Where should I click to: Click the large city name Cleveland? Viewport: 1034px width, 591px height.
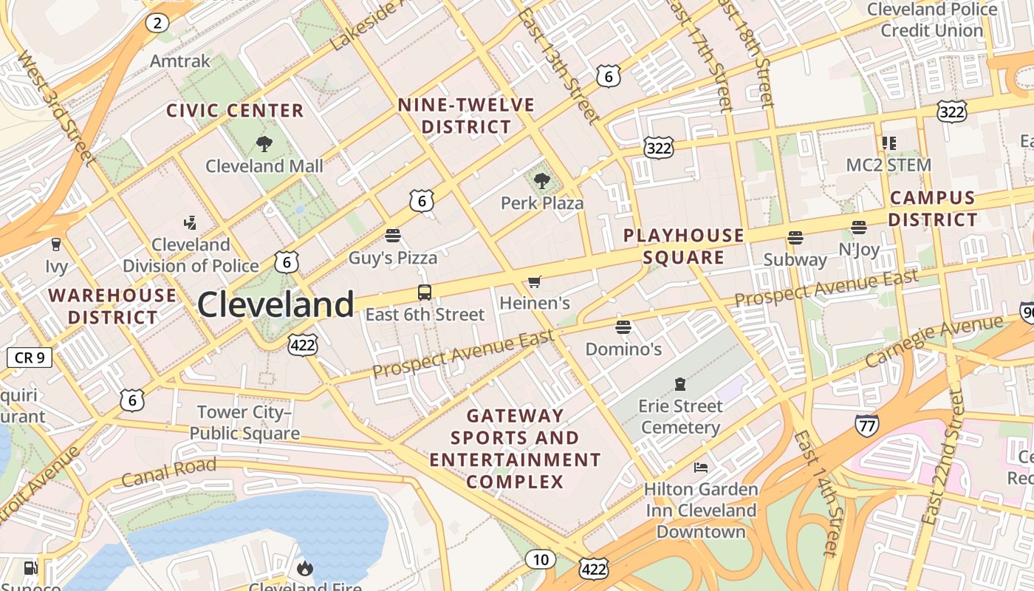tap(275, 304)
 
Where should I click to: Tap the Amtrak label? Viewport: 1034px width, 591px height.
tap(180, 61)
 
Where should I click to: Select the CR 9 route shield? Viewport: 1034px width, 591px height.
tap(30, 358)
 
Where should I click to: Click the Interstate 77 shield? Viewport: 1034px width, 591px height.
tap(866, 425)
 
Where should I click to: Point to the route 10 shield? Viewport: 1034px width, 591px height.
tap(541, 559)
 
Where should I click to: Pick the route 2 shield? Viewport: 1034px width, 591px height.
tap(157, 23)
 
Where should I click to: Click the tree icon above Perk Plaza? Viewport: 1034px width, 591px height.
tap(542, 180)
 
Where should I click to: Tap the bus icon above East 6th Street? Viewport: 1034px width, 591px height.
tap(425, 292)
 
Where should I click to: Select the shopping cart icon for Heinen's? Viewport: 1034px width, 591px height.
tap(535, 281)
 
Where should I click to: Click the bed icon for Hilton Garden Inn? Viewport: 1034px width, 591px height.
tap(700, 467)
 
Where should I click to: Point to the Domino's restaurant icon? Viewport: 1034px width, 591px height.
tap(623, 327)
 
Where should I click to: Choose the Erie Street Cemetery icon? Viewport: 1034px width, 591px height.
tap(679, 383)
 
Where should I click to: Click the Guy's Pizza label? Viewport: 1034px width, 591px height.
tap(393, 258)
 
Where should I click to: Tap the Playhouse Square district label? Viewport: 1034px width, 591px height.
tap(683, 246)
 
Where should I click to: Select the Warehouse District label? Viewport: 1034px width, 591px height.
tap(112, 306)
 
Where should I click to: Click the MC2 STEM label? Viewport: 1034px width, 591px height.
tap(889, 165)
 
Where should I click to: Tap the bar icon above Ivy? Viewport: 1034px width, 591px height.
tap(55, 245)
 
